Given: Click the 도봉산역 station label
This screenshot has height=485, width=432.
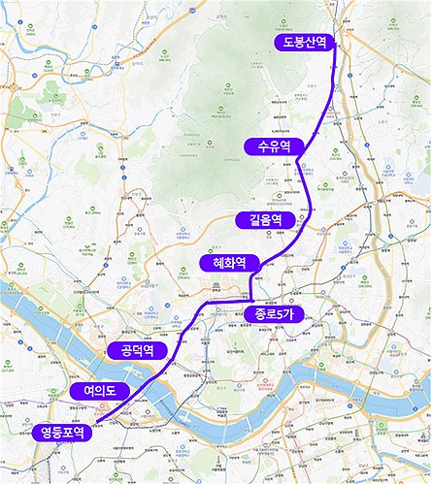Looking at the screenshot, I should (x=303, y=42).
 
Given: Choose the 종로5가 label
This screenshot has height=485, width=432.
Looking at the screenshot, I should (x=273, y=314).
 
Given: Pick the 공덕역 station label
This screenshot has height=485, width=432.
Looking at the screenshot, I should (x=137, y=349).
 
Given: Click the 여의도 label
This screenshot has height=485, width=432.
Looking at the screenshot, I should (x=98, y=391).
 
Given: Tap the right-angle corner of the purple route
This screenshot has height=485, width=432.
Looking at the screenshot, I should (x=249, y=303).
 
